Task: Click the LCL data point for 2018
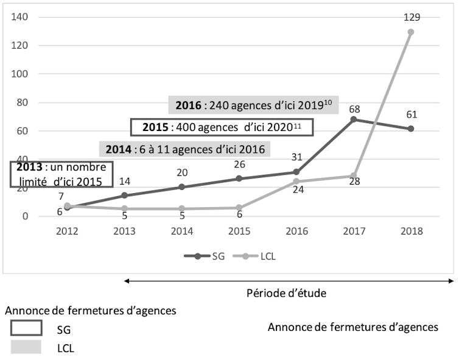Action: [411, 32]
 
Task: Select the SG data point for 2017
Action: [353, 119]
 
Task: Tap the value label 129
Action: [411, 17]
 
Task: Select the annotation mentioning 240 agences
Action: [253, 104]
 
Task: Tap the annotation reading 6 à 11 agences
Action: [185, 149]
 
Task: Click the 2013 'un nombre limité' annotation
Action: [61, 174]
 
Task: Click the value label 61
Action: [411, 115]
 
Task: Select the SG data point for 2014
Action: [181, 187]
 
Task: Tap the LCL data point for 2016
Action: [296, 182]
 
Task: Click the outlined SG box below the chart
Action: [26, 328]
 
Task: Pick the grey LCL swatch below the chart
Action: [26, 348]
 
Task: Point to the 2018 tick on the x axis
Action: [411, 231]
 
